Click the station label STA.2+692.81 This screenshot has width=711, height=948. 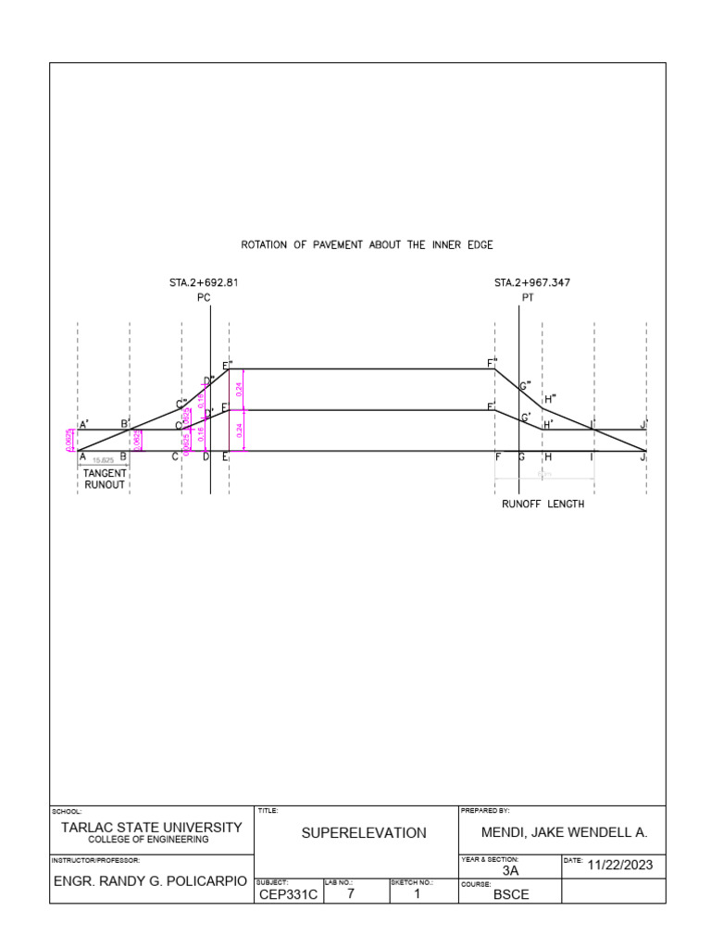204,282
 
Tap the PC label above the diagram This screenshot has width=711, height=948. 205,298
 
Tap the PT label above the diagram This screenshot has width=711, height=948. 527,298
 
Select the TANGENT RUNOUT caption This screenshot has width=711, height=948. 105,479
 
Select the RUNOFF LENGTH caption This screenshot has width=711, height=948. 543,505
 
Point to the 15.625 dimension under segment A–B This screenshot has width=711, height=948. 103,459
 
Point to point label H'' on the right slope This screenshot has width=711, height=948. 550,398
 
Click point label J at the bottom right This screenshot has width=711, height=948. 643,456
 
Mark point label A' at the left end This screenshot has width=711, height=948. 83,425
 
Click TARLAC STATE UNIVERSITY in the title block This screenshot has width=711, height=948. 151,827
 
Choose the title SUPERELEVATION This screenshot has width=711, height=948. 364,833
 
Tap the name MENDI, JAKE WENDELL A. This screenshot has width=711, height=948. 565,833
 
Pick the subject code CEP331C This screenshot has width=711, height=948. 287,894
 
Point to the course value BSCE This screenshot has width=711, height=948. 511,895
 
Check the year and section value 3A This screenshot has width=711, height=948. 511,870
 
